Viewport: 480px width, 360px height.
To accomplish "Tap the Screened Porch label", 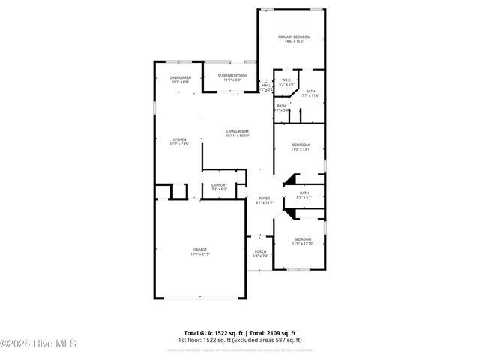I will tap(232, 76).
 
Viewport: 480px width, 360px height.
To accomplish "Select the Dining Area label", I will tap(179, 77).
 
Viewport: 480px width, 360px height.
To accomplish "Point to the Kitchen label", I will tap(179, 139).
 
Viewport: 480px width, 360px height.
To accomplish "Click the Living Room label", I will tap(238, 132).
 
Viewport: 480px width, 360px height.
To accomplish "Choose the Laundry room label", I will tap(219, 185).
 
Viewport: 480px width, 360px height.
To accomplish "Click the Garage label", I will tap(200, 250).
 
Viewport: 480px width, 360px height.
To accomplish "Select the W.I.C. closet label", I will tap(286, 82).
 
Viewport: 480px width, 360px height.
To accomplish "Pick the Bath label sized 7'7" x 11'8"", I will tap(310, 91).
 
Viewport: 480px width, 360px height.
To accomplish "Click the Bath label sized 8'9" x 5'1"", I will tap(304, 193).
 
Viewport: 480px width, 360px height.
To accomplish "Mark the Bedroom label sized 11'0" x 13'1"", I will tap(301, 145).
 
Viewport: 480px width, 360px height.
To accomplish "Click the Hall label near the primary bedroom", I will tap(266, 85).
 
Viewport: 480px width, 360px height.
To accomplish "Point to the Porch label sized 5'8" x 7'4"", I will tap(260, 251).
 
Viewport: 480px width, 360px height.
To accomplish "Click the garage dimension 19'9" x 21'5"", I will tap(200, 255).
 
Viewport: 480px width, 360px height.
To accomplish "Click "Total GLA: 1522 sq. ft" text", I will tap(213, 332).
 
